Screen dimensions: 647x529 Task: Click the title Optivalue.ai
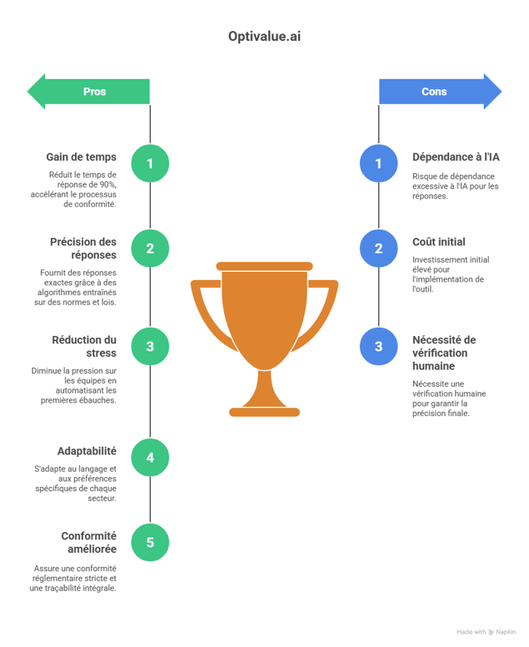pos(264,38)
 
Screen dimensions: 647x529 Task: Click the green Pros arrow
pos(90,92)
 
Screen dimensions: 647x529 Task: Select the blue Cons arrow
pos(439,92)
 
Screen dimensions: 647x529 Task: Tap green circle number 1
pos(150,163)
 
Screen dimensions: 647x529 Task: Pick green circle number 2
pos(150,248)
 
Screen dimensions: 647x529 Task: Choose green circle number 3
pos(150,346)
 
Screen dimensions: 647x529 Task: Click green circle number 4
pos(150,458)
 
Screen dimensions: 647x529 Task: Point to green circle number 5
pos(150,543)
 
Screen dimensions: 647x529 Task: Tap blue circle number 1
pos(378,163)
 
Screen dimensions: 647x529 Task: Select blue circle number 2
pos(378,248)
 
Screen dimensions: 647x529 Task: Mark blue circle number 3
pos(378,346)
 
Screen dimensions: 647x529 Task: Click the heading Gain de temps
pos(82,157)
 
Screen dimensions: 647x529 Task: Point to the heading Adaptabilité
pos(87,451)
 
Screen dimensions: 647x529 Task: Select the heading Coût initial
pos(439,242)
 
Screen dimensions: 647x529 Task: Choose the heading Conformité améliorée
pos(88,543)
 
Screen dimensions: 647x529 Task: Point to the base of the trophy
pos(264,409)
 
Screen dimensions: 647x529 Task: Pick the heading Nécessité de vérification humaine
pos(444,353)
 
